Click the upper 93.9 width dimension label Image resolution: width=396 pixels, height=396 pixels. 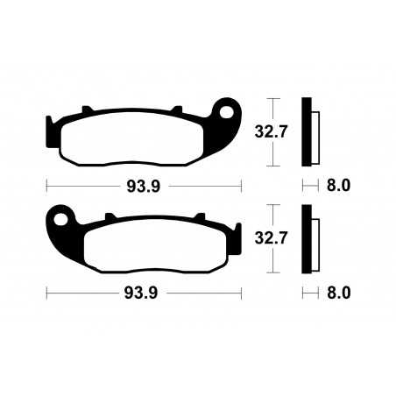coord(143,186)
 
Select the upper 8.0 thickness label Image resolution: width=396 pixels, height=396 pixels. coord(338,186)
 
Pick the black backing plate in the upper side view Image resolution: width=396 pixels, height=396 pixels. coord(306,131)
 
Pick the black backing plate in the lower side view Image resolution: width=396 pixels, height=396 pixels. coord(306,238)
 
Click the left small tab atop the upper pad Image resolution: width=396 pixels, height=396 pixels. coord(87,110)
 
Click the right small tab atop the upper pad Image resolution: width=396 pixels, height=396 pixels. coord(174,110)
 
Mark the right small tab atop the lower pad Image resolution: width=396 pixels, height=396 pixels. coord(197,216)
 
